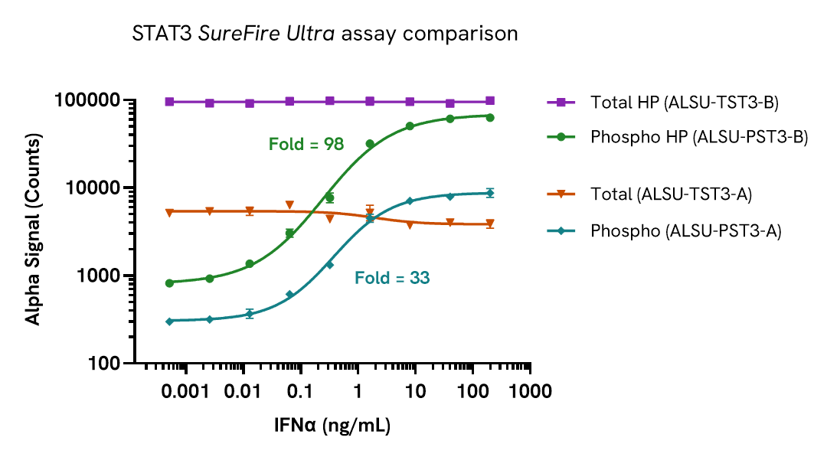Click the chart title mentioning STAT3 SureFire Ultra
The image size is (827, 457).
tap(325, 34)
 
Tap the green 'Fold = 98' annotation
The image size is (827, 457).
tap(306, 144)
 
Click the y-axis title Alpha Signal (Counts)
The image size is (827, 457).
tap(34, 231)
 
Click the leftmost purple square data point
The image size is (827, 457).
tap(169, 102)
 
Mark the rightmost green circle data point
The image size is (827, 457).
tap(490, 117)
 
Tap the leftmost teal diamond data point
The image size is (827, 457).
tap(169, 322)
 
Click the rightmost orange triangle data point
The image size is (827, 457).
tap(490, 224)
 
